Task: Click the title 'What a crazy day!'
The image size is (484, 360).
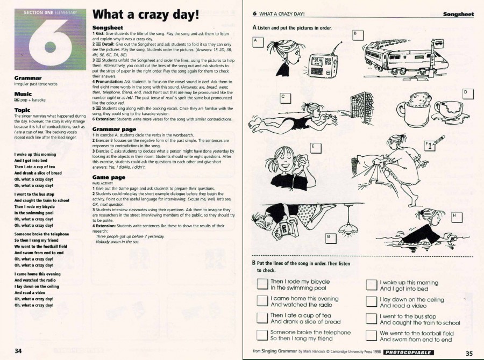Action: click(x=146, y=16)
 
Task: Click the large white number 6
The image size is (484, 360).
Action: click(x=51, y=44)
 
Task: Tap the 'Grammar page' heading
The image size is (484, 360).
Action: click(x=114, y=129)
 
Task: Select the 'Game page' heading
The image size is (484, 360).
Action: click(x=109, y=177)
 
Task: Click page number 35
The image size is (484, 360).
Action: click(x=469, y=353)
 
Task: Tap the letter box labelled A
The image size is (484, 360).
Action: click(x=258, y=41)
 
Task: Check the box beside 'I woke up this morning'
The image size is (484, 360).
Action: click(x=372, y=285)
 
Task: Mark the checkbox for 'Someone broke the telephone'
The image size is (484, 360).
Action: click(x=262, y=335)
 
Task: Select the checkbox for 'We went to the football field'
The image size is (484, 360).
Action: click(x=372, y=336)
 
